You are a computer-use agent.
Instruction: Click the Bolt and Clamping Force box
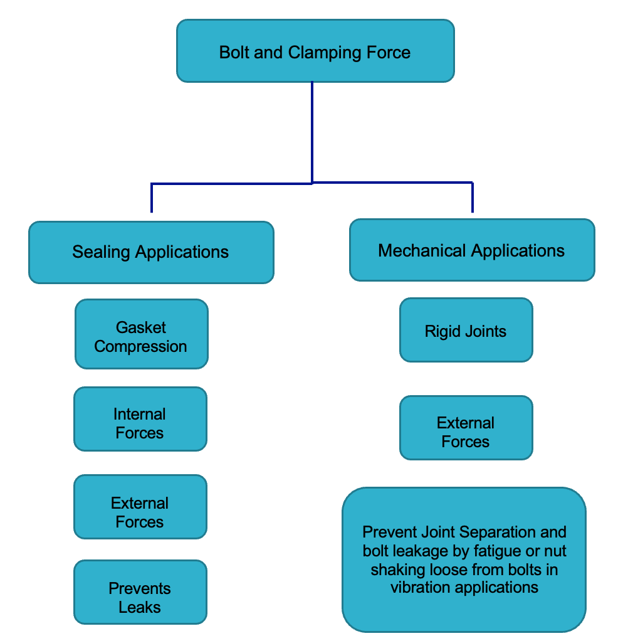(x=315, y=51)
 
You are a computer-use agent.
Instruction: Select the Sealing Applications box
(x=151, y=252)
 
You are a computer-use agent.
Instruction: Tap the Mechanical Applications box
(x=471, y=250)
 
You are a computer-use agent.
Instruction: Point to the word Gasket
(x=141, y=327)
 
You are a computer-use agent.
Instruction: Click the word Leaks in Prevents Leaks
(x=140, y=607)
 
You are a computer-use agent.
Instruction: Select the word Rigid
(x=442, y=331)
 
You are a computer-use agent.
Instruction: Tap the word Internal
(x=140, y=414)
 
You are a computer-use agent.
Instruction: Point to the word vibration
(x=422, y=588)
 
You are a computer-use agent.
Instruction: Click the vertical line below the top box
(x=312, y=132)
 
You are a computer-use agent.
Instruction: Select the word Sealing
(x=102, y=252)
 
